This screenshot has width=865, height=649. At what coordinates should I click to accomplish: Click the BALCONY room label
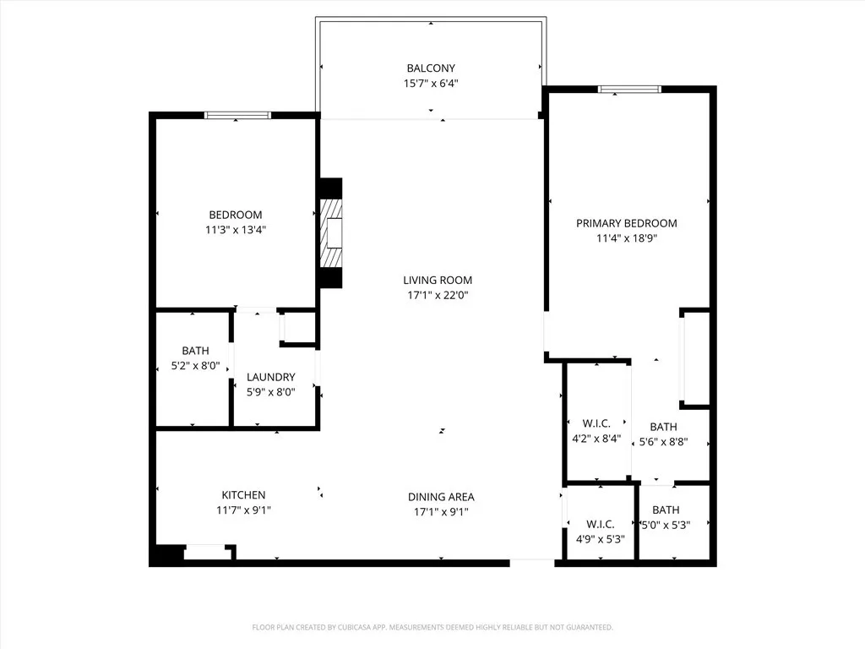(x=431, y=68)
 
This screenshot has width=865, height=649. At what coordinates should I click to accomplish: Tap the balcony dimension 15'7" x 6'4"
(x=431, y=84)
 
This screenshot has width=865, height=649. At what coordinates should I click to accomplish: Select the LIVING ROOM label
(x=437, y=281)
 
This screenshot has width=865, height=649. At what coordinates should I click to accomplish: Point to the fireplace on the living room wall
(x=332, y=232)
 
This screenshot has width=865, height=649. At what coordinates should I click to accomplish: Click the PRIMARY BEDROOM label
(x=626, y=224)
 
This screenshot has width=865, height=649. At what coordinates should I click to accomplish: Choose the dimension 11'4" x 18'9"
(x=626, y=238)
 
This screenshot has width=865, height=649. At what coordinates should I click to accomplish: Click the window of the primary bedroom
(x=630, y=89)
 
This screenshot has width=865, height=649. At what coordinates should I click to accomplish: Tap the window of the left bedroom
(x=237, y=115)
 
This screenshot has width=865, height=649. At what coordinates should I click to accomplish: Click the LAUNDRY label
(x=270, y=377)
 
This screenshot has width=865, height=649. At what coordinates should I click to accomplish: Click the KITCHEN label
(x=243, y=495)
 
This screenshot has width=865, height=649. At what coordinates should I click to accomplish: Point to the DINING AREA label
(x=441, y=497)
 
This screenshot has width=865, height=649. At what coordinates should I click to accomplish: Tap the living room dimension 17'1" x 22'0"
(x=437, y=296)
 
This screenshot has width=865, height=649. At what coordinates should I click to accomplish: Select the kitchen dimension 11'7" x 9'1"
(x=243, y=510)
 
